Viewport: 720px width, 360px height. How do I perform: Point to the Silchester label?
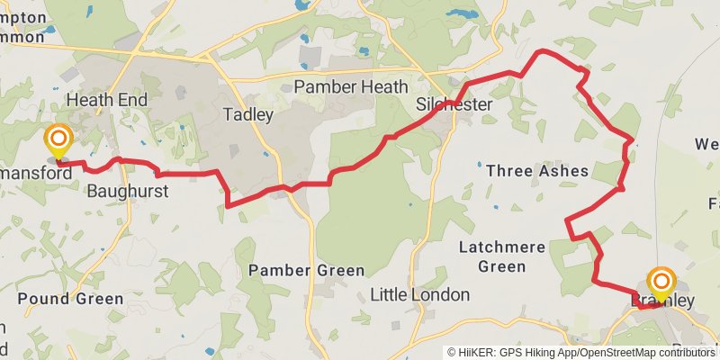(x=454, y=105)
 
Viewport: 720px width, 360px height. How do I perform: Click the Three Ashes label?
(x=536, y=170)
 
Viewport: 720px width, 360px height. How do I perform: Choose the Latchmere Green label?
(x=503, y=256)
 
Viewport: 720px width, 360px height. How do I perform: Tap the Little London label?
(x=420, y=294)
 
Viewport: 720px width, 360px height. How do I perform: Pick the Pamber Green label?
(x=306, y=270)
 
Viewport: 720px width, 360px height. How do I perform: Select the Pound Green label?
(x=69, y=299)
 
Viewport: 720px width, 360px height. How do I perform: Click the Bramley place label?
(x=663, y=301)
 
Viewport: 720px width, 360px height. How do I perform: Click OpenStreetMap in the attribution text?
(x=622, y=352)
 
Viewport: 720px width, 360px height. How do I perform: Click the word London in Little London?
(x=442, y=294)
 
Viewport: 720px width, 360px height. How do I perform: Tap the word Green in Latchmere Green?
(x=503, y=266)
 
